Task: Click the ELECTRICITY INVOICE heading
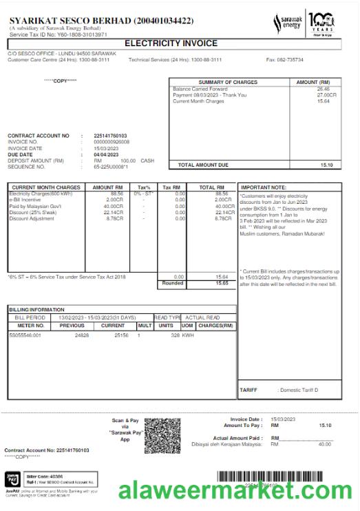pos(171,43)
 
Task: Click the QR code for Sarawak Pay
pos(162,435)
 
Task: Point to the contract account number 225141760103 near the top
pos(110,136)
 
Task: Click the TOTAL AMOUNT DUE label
pos(203,165)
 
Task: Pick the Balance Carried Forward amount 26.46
pos(324,89)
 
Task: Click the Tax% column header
pos(144,187)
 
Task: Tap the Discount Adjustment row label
pos(32,218)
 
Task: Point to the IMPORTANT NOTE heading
pos(264,187)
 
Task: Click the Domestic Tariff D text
pos(298,390)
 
